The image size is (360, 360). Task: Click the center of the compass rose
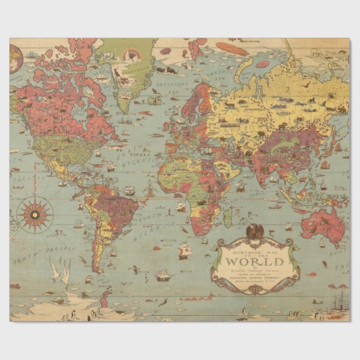click(35, 213)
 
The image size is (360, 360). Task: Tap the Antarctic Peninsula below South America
click(105, 300)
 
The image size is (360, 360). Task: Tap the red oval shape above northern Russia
click(232, 48)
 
